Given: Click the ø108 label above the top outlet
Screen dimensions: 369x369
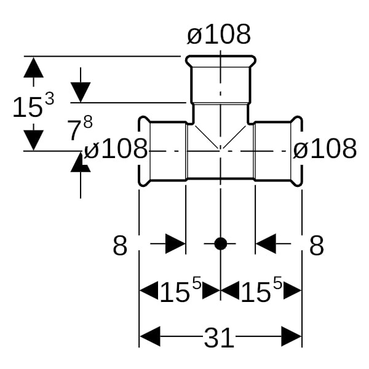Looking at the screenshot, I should pos(219,35).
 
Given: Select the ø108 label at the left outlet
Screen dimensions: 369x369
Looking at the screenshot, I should pos(116,149).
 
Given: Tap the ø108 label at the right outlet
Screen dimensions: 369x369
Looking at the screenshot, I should pos(325,149).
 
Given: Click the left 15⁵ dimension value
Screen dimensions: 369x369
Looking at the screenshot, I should pos(180,291).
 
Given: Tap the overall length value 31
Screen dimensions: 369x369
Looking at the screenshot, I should pos(219,338).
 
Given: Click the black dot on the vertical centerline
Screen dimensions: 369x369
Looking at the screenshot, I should pos(220,244).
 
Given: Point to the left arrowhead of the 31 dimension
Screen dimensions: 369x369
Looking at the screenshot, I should pos(150,337).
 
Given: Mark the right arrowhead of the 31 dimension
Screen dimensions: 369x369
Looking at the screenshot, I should pos(292,337).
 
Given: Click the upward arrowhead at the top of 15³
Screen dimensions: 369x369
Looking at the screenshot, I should pos(33,67).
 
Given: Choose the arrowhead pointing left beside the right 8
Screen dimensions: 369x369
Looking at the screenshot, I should pos(265,244).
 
